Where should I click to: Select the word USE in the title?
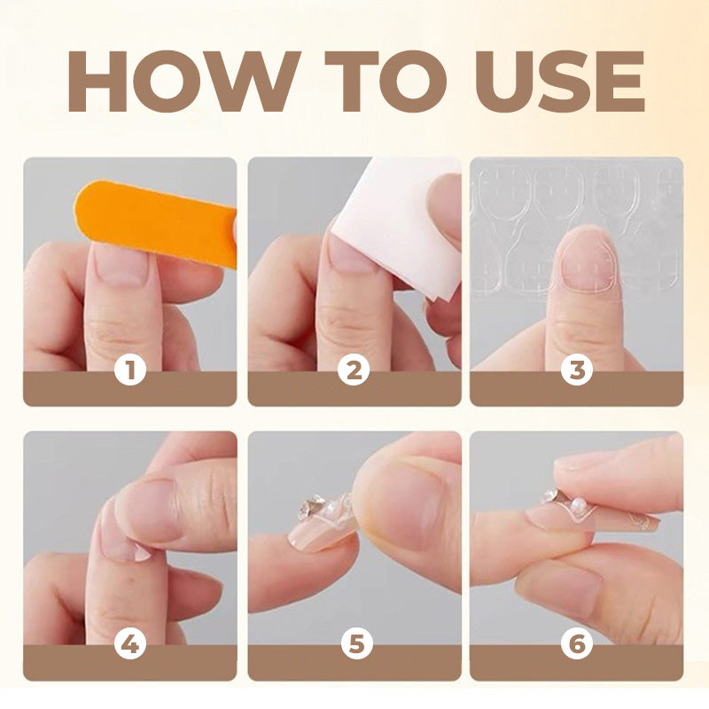click(x=559, y=82)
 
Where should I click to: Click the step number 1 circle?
click(x=130, y=370)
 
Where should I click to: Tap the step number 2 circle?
click(x=354, y=370)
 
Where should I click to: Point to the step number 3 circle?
click(x=577, y=370)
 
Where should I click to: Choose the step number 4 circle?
click(x=130, y=644)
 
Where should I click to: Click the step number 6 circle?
click(x=577, y=644)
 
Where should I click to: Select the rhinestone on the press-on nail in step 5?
click(x=311, y=507)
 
